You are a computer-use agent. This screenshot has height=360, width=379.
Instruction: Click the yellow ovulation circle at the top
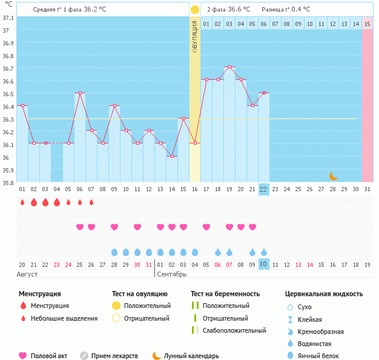[x=194, y=10]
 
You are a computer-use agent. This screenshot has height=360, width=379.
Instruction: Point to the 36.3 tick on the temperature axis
[x=8, y=119]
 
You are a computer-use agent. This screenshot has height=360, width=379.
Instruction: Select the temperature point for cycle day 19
[x=229, y=67]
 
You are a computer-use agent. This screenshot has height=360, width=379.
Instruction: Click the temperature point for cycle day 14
[x=172, y=156]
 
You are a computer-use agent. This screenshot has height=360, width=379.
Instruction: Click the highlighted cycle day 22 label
[x=263, y=189]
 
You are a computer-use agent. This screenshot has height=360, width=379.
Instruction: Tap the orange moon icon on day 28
[x=333, y=175]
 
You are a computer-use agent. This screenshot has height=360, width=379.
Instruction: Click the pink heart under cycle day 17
[x=206, y=227]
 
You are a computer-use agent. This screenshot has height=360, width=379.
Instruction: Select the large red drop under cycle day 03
[x=45, y=202]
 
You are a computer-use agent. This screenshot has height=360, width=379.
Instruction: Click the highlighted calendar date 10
[x=263, y=264]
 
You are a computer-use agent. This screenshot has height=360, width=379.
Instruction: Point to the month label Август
[x=28, y=274]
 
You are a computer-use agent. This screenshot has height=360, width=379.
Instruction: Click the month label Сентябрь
[x=173, y=274]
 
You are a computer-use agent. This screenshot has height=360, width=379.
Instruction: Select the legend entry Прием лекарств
[x=114, y=356]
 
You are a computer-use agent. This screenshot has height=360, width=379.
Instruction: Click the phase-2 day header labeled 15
[x=367, y=24]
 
